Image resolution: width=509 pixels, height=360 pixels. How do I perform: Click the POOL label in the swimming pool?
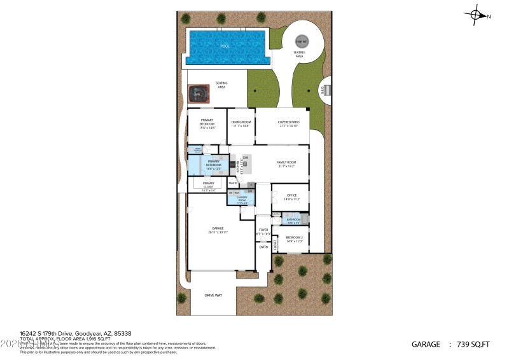tap(225, 46)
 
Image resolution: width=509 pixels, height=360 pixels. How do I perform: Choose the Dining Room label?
tap(241, 123)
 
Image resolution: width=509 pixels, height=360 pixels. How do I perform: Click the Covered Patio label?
tap(288, 123)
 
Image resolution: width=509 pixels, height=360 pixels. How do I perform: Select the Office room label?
tap(292, 197)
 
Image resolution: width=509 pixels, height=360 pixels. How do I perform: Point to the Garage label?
tap(218, 230)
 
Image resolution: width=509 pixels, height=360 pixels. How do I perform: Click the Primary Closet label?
tap(208, 187)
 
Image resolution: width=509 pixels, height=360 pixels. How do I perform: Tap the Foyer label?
tap(263, 232)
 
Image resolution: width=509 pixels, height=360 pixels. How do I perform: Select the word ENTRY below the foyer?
tap(263, 247)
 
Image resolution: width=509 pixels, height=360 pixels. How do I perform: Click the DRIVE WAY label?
tap(213, 295)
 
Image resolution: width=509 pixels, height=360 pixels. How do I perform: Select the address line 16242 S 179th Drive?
tap(58, 333)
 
